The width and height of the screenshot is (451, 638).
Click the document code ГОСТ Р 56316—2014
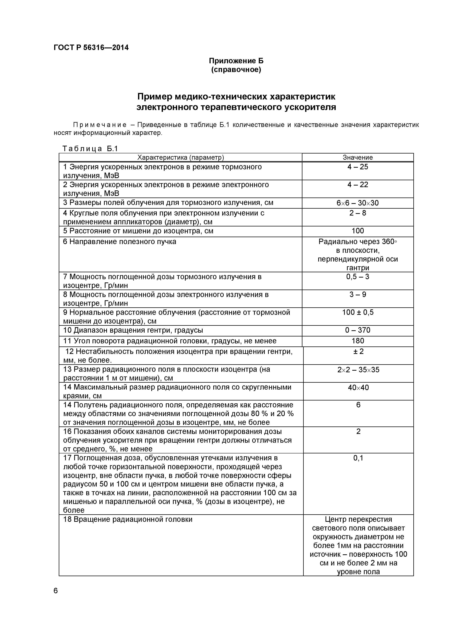(91, 47)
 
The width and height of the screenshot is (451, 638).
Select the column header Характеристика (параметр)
(181, 157)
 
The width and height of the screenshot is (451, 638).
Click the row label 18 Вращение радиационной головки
(128, 519)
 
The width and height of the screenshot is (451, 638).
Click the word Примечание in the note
(99, 125)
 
